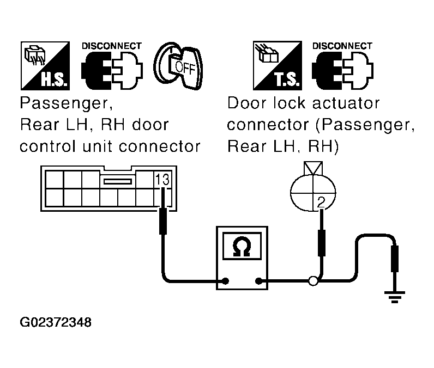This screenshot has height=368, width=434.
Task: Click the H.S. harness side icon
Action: [x=45, y=66]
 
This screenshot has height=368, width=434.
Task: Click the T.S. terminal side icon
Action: [x=278, y=65]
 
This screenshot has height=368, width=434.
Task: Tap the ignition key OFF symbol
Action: [x=178, y=66]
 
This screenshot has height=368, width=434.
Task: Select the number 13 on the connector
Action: [x=162, y=180]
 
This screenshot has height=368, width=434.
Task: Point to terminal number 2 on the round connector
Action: [x=321, y=202]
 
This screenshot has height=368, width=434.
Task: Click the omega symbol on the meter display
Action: [x=242, y=247]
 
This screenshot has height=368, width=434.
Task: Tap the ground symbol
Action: [x=394, y=297]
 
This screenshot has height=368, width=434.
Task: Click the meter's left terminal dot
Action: [x=226, y=281]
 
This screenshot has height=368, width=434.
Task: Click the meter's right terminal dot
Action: [x=258, y=281]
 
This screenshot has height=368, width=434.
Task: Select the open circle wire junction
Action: [x=314, y=281]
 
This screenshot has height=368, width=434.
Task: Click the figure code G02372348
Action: [x=56, y=322]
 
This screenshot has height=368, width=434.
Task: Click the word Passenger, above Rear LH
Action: [x=67, y=103]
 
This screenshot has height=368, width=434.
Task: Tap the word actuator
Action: [x=346, y=103]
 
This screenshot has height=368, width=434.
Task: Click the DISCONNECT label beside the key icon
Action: [x=112, y=46]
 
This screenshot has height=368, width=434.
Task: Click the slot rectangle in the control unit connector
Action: [x=118, y=181]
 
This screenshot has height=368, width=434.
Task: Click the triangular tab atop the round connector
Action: [x=313, y=168]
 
